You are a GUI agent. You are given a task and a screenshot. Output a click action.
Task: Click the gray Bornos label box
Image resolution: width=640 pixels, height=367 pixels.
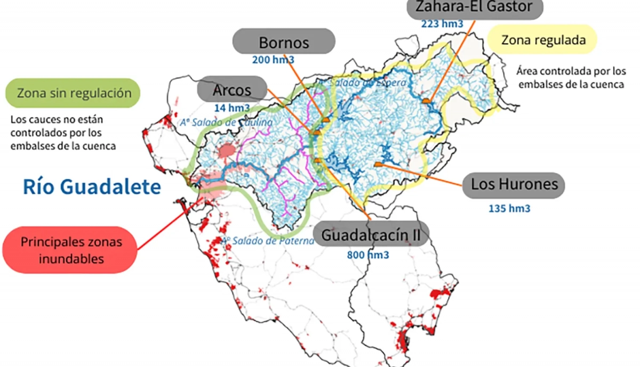[x=284, y=42]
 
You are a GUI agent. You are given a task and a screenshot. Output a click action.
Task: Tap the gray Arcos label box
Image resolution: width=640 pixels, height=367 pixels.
[x=232, y=89]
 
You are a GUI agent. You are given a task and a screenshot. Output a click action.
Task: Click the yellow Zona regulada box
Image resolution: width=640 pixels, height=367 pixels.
[x=542, y=40]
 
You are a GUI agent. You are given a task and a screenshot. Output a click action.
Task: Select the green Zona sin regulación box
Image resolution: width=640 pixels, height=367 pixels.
[x=74, y=93]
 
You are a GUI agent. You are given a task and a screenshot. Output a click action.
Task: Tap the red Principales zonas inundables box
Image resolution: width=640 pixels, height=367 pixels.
[x=71, y=250]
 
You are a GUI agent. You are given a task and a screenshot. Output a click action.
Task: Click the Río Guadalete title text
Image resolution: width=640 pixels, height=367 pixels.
[x=92, y=187]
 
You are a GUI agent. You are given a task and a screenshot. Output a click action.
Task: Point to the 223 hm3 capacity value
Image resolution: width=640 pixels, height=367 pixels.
[x=442, y=24]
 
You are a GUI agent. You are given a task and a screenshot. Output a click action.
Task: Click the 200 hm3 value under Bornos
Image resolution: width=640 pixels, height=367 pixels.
[x=273, y=60]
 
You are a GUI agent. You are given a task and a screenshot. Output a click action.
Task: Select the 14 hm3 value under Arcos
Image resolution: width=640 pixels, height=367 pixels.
[x=232, y=108]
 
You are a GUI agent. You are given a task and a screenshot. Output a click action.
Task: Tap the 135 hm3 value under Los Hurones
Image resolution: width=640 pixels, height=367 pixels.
[x=509, y=208]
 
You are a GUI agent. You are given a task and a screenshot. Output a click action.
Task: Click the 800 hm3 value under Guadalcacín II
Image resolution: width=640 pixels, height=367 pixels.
[x=368, y=255]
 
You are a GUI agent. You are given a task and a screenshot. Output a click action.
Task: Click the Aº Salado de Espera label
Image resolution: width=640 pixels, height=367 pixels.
[x=363, y=83]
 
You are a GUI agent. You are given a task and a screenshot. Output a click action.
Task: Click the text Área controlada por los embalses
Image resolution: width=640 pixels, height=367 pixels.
[x=571, y=78]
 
